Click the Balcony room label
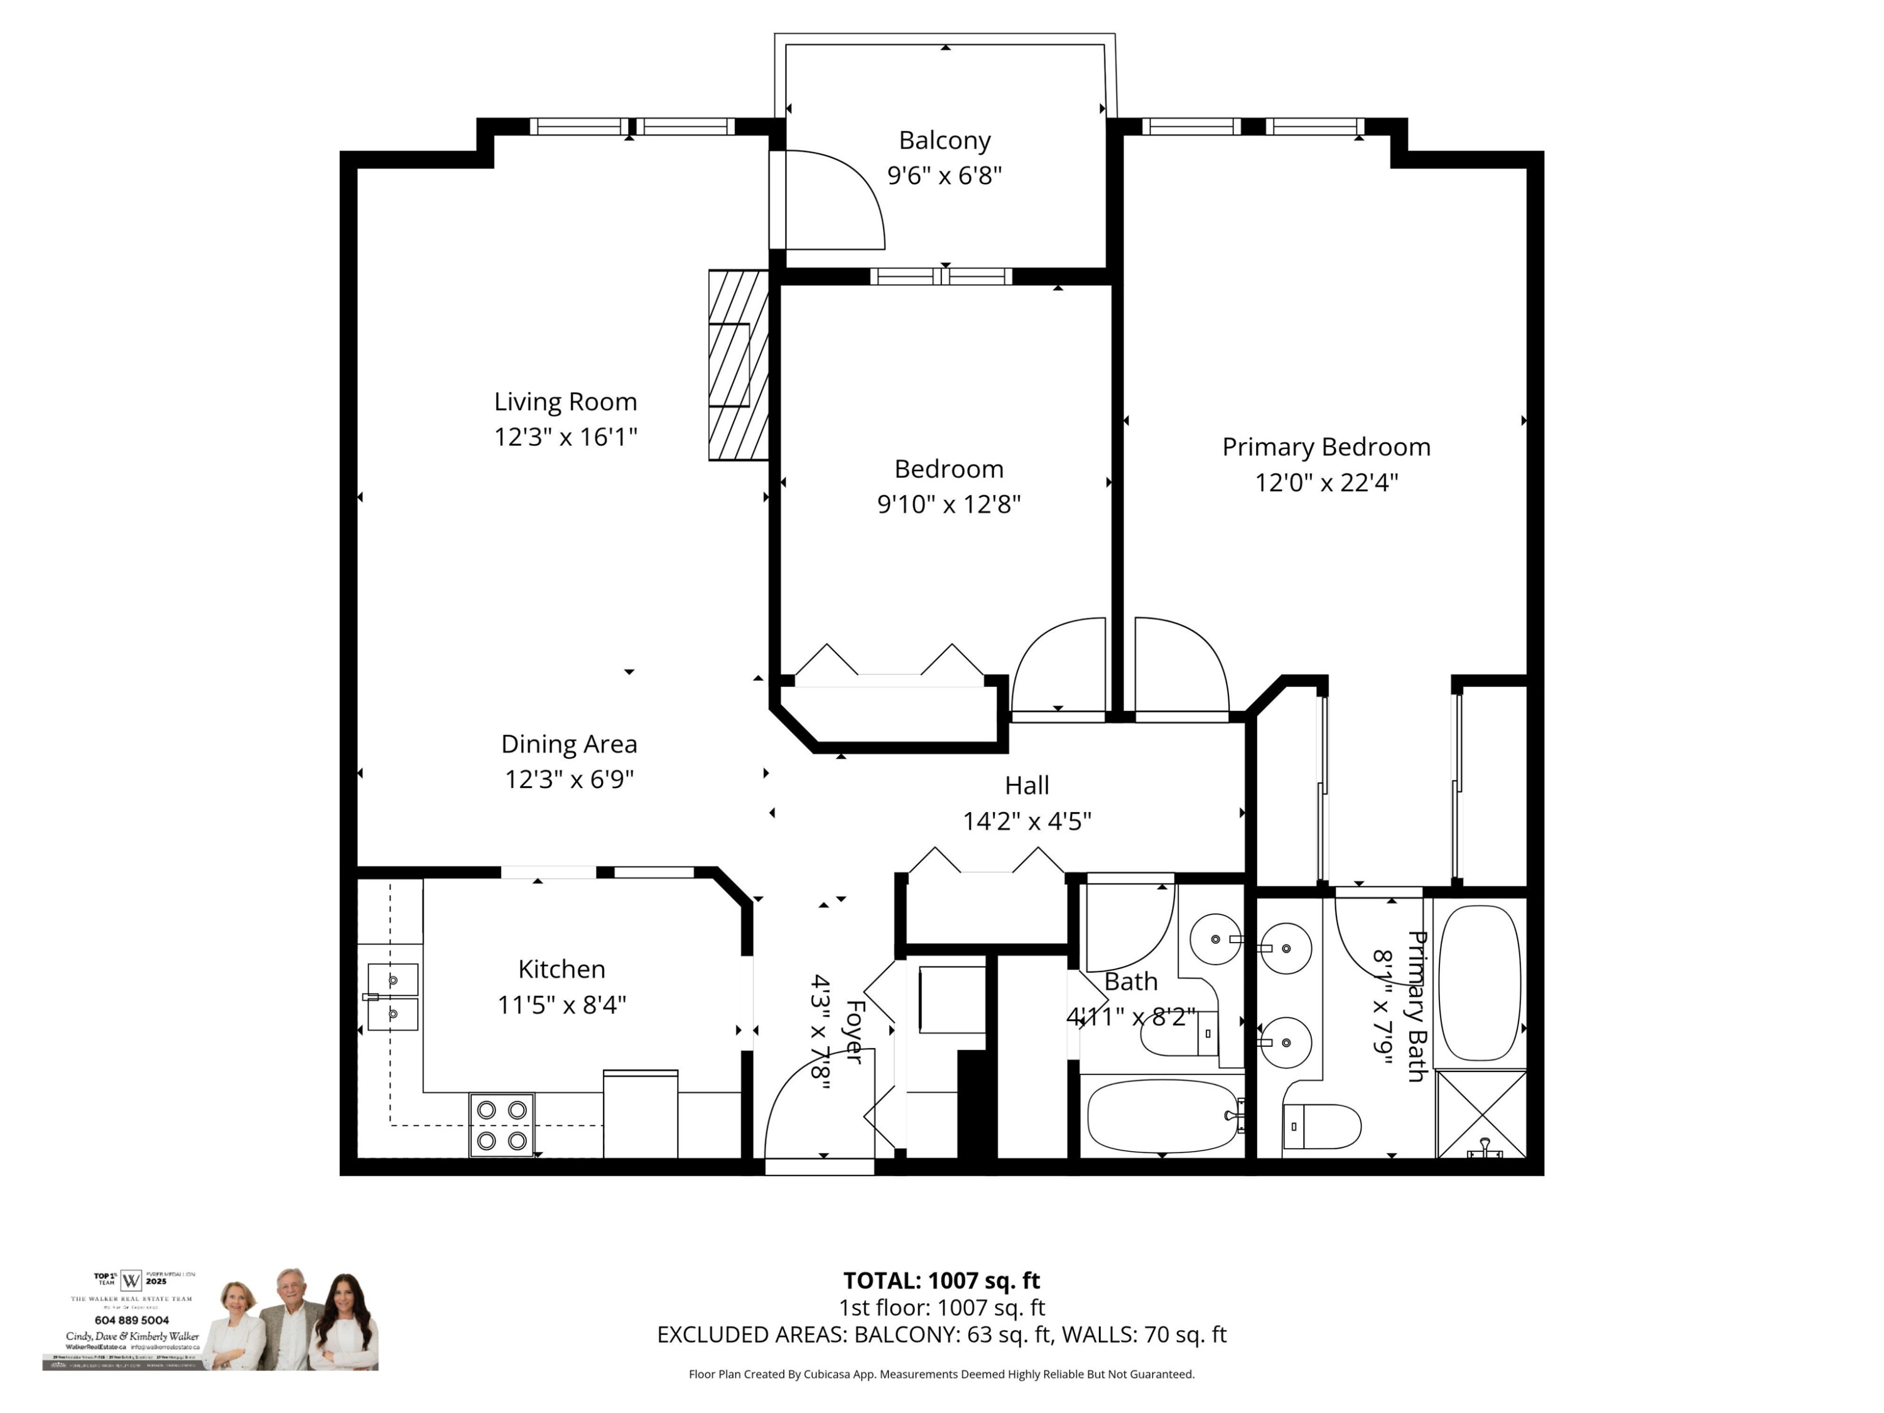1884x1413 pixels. coord(944,139)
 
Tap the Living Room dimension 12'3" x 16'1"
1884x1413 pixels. coord(566,437)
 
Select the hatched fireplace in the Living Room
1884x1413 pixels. coord(738,365)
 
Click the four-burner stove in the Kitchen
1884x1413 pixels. coord(502,1124)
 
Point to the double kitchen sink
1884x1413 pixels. coord(392,997)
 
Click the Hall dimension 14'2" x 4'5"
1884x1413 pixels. coord(1026,821)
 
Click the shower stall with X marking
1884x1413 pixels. coord(1480,1114)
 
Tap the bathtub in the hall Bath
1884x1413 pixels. coord(1162,1116)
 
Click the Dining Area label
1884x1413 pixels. coord(568,744)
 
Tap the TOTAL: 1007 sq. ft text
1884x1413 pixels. coord(941,1280)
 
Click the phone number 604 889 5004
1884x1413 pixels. coord(132,1320)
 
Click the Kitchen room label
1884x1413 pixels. coord(561,968)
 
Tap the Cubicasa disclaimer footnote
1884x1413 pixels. coord(941,1374)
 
